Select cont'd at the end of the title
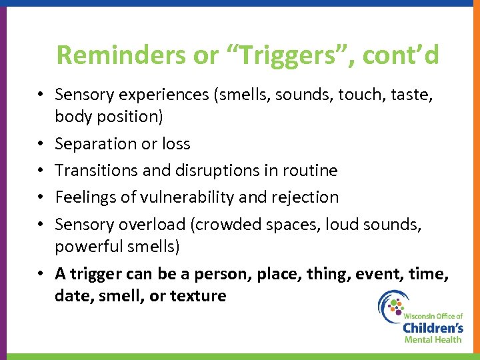tap(401, 55)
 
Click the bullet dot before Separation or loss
tap(41, 144)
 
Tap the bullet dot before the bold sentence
tap(41, 273)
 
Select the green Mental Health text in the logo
tap(433, 339)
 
